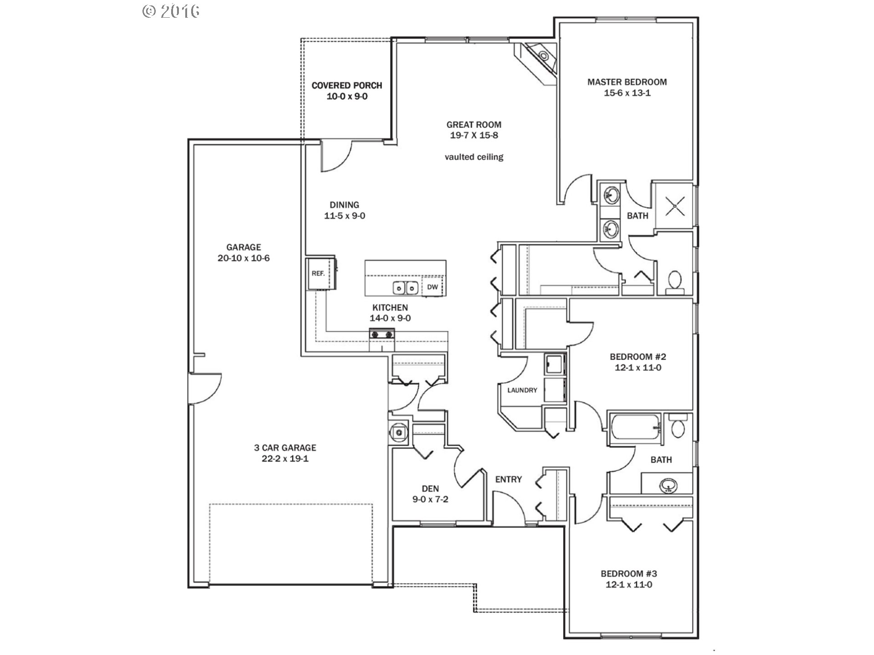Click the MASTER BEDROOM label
(627, 82)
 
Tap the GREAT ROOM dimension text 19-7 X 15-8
(474, 135)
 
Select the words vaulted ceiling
(474, 157)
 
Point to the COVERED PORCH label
(347, 86)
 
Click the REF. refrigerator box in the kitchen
(320, 273)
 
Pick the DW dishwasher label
(432, 287)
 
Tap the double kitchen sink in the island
(406, 288)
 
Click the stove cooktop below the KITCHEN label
(382, 334)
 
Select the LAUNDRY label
(522, 390)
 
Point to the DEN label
(430, 489)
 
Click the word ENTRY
(508, 479)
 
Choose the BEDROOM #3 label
(629, 574)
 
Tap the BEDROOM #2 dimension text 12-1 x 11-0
(638, 368)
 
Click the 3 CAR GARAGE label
(285, 448)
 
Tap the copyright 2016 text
(171, 11)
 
